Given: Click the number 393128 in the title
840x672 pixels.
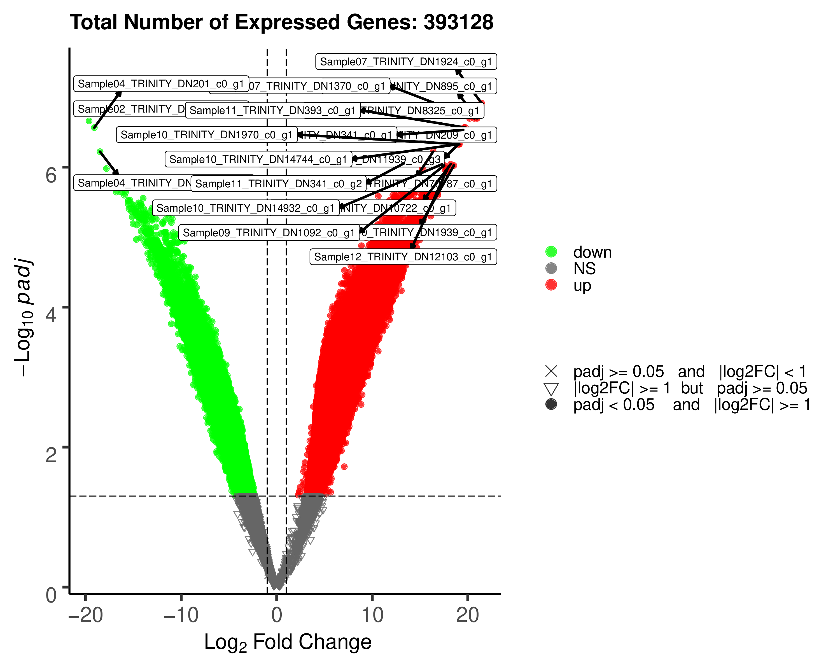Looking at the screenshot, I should click(459, 22).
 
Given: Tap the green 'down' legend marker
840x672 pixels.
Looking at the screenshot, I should click(551, 252).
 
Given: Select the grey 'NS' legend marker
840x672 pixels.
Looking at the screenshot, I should click(551, 269).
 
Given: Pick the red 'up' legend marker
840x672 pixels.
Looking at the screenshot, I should click(551, 285).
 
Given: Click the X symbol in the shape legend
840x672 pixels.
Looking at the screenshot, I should click(551, 371).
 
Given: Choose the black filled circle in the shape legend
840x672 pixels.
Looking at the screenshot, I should click(551, 404).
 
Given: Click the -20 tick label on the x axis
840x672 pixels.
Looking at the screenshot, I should click(85, 615).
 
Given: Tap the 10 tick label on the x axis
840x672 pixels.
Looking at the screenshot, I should click(372, 615).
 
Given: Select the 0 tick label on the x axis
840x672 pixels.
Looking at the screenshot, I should click(277, 615).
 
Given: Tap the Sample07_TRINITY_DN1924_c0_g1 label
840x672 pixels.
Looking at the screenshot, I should click(406, 62).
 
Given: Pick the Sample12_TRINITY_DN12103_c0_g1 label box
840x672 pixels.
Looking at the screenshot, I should click(403, 257).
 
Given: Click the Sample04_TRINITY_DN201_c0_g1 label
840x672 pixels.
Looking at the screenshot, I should click(161, 84).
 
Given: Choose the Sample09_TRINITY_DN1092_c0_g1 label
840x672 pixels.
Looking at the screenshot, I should click(269, 233).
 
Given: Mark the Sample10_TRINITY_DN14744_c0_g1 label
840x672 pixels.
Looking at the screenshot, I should click(258, 159).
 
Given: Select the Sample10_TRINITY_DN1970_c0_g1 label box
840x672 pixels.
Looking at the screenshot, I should click(206, 135).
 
